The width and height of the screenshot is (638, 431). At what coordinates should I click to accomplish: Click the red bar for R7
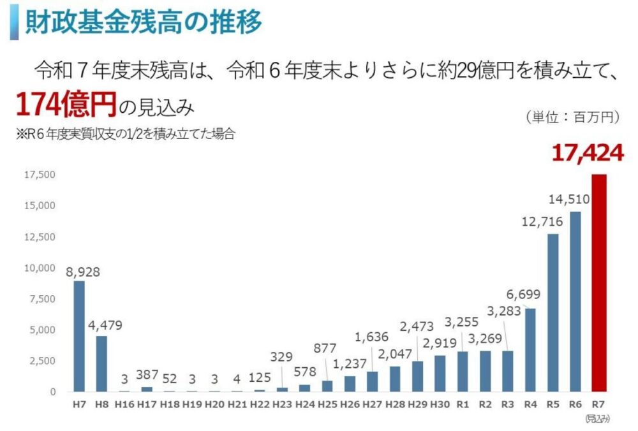click(598, 283)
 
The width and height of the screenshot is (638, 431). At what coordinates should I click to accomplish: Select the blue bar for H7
click(78, 336)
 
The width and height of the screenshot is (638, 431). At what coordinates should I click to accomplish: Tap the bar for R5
click(553, 312)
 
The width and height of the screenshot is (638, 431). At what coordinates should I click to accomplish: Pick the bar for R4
click(530, 350)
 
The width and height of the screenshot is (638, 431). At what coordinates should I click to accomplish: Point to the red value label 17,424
click(588, 153)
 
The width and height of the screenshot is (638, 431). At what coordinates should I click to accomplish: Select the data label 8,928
click(83, 272)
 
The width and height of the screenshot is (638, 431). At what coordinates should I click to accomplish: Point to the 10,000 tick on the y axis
click(40, 268)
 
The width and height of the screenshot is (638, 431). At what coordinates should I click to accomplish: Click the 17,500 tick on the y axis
click(40, 175)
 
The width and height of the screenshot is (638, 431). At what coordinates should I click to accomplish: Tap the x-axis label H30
click(440, 404)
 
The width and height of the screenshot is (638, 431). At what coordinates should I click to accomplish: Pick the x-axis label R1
click(463, 404)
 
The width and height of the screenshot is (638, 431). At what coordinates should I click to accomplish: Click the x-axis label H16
click(124, 404)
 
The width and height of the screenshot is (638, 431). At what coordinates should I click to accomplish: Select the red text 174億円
click(66, 104)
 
